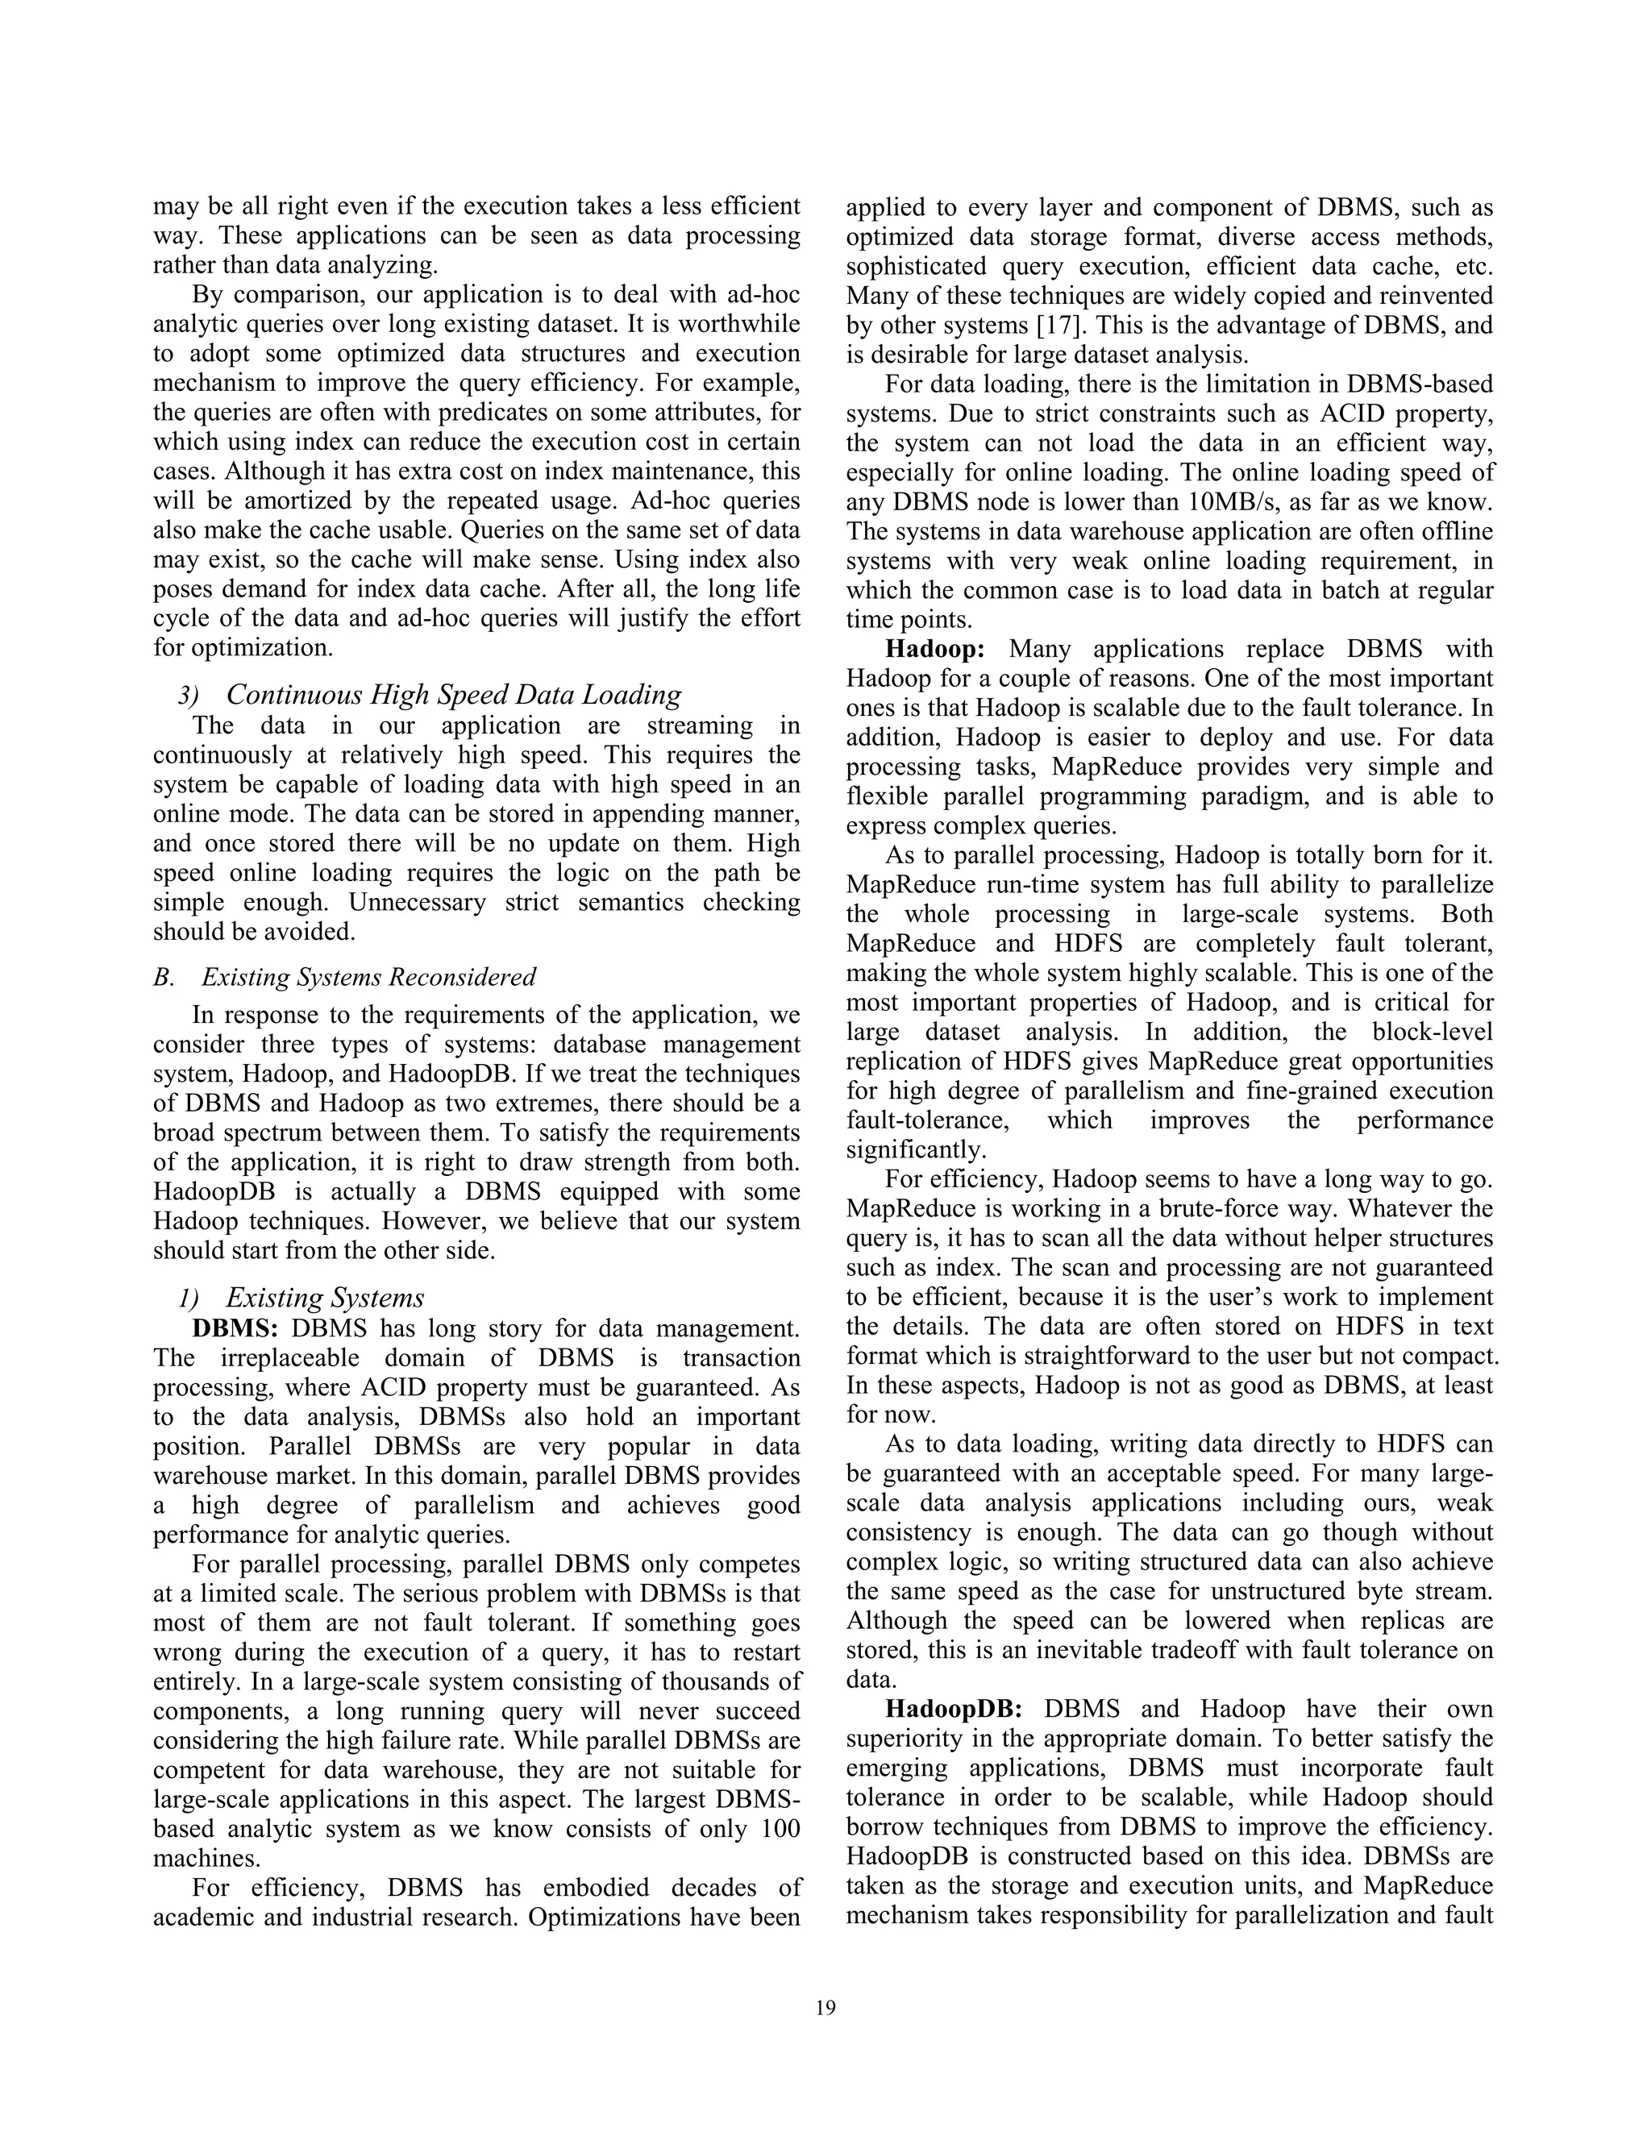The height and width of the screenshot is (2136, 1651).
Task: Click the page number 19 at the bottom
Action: tap(825, 2009)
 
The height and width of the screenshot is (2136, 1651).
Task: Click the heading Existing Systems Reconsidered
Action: tap(368, 977)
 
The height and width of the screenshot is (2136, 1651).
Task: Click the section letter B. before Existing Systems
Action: tap(164, 977)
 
